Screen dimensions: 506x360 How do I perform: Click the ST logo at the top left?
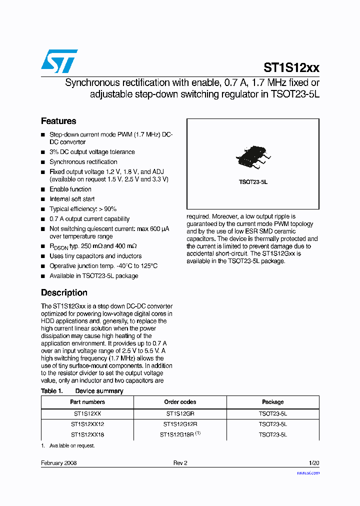coord(59,61)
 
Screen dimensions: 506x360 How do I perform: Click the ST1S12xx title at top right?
coord(291,68)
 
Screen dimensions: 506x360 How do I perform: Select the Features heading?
coord(58,121)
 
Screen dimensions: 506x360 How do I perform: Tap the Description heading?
coord(64,292)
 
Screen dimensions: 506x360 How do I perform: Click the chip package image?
coord(253,156)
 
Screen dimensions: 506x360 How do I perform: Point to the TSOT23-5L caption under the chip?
coord(253,182)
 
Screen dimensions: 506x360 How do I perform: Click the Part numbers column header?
coord(87,402)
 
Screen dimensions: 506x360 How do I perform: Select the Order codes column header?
coord(180,402)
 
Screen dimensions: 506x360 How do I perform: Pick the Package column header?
coord(272,402)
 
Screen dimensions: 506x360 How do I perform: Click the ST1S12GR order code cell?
coord(180,414)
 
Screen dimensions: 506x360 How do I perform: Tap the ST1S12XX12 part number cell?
coord(87,424)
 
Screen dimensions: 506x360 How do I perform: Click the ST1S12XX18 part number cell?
coord(87,434)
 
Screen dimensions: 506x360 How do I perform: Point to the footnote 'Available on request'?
coord(71,445)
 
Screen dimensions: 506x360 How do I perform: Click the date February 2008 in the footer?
coord(58,463)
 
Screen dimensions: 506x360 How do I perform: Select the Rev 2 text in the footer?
coord(180,463)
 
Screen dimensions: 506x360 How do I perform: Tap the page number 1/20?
coord(314,463)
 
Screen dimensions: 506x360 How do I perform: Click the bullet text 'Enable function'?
coord(70,189)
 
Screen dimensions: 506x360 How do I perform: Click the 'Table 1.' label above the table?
coord(51,391)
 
